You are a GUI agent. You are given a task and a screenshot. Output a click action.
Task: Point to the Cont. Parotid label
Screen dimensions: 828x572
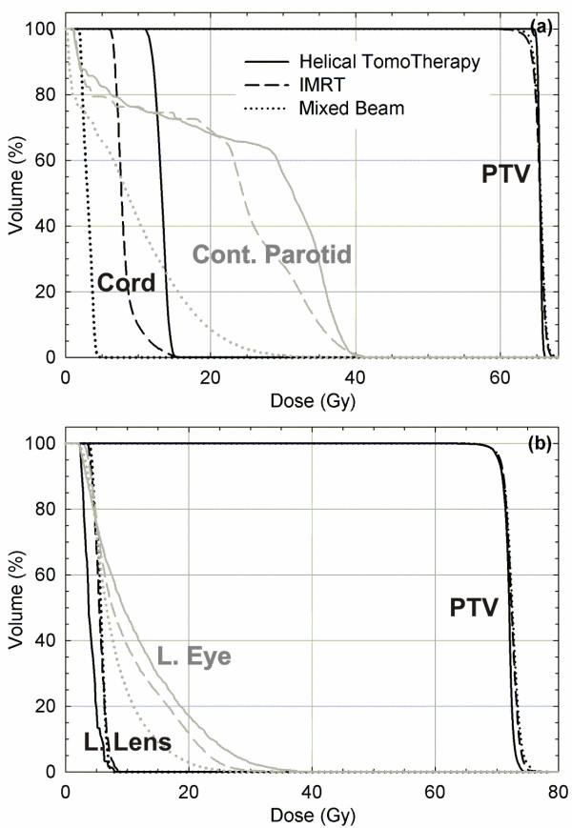click(x=273, y=254)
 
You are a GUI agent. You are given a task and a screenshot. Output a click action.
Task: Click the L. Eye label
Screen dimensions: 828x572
click(x=194, y=656)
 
